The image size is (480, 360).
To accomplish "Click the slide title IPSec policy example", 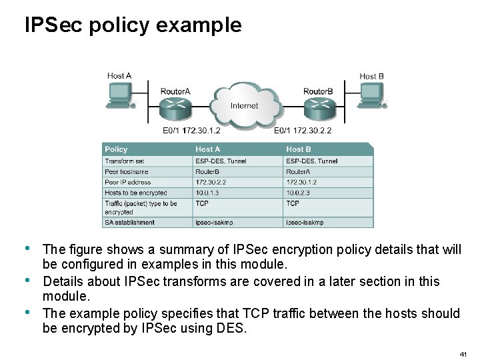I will click(x=133, y=25).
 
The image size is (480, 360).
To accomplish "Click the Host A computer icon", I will click(x=119, y=95).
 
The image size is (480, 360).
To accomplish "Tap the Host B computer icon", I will click(x=371, y=95).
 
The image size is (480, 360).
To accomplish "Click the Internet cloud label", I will click(x=244, y=106).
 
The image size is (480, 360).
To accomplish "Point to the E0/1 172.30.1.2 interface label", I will click(x=191, y=131).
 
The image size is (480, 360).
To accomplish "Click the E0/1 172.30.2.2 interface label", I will click(x=302, y=131).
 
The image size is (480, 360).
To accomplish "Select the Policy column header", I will click(x=116, y=149).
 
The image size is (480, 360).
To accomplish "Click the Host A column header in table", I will click(x=208, y=149).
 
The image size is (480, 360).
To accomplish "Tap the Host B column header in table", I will click(x=299, y=149).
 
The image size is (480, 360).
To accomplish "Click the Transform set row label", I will click(x=125, y=161).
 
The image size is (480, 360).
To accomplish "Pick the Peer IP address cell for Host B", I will click(x=301, y=182).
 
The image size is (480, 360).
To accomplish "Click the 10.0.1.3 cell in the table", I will click(x=207, y=193).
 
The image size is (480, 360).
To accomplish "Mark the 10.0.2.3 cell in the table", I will click(x=298, y=193).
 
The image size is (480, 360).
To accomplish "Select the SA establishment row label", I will click(x=129, y=222).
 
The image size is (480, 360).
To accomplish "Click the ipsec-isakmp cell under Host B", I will click(x=305, y=222).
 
